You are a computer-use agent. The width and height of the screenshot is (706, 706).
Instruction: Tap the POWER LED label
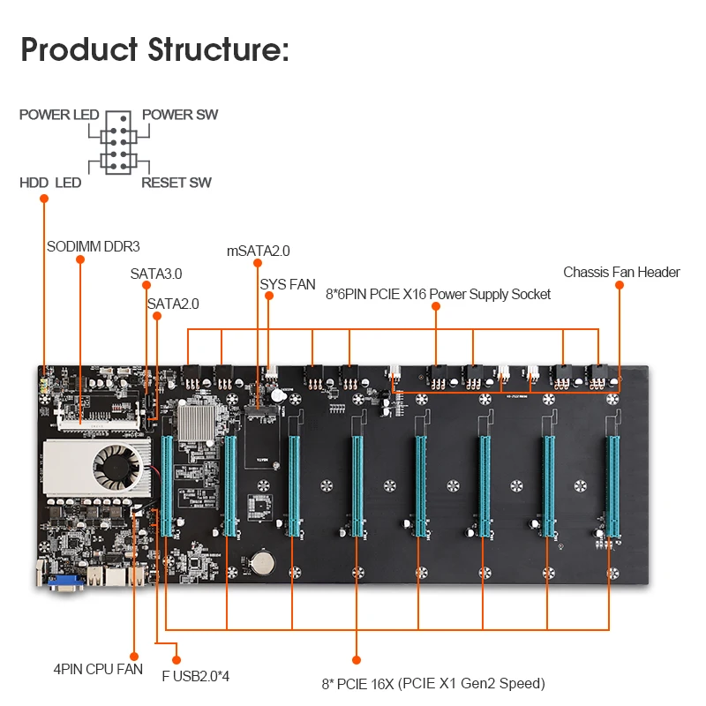point(59,115)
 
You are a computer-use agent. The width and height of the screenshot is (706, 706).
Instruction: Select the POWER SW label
point(180,115)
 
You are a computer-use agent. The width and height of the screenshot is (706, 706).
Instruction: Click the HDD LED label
point(50,183)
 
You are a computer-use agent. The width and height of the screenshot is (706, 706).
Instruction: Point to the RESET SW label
point(176,183)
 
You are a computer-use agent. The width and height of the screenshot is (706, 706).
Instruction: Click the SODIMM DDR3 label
point(94,246)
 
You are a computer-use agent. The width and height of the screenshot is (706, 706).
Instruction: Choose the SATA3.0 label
point(156,274)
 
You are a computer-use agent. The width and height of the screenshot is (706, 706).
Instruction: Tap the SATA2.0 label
point(173,304)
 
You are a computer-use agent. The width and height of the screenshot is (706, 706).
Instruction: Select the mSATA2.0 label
point(259,251)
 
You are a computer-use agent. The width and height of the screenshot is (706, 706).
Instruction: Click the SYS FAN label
point(288,284)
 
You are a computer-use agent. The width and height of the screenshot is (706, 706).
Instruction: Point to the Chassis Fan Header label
point(621,272)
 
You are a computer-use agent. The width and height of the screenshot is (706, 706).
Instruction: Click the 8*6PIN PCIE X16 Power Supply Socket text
point(438,294)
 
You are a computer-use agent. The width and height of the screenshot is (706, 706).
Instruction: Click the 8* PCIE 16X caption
point(432,683)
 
